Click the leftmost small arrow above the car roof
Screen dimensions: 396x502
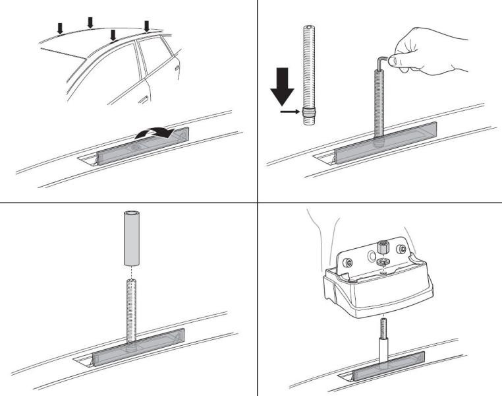(59, 28)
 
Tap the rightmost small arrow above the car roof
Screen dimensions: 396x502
(147, 26)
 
